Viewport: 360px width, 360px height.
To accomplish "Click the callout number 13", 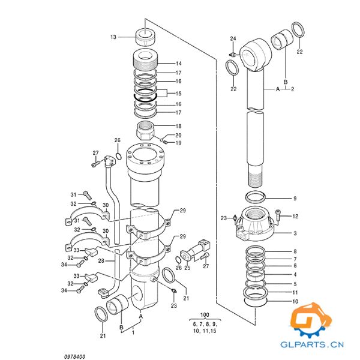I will tap(113, 37).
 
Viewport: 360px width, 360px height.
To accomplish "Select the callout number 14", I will tap(178, 64).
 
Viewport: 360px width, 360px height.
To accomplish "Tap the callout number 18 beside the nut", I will tap(178, 126).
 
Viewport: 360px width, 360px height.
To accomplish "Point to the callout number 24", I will tap(233, 39).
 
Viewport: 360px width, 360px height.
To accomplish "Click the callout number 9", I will tap(295, 199).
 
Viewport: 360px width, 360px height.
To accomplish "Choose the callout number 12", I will tap(295, 216).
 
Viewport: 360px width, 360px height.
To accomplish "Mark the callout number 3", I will tap(295, 232).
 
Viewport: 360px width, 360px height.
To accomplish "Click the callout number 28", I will tap(101, 261).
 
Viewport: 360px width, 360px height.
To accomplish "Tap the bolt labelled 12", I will tap(280, 213).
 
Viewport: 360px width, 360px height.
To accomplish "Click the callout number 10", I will tap(295, 301).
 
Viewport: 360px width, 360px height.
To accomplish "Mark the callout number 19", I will tap(178, 143).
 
